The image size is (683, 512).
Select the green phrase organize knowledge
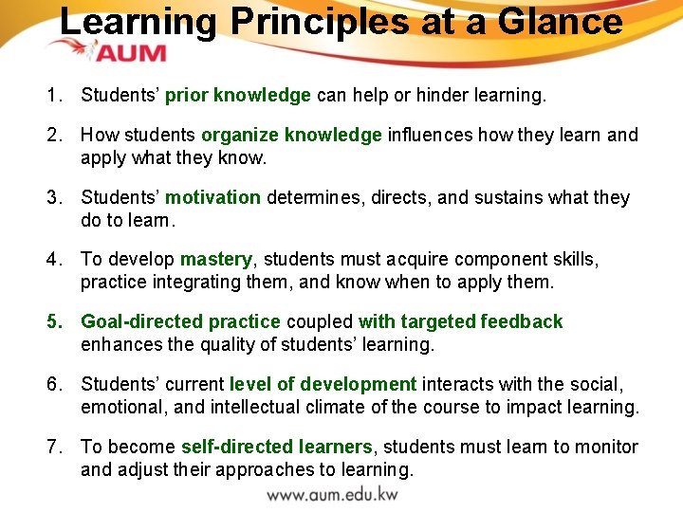point(291,135)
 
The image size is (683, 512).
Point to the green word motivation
point(212,197)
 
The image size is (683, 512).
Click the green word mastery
point(216,259)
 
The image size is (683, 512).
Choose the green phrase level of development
point(323,384)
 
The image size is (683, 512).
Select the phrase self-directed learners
point(277,447)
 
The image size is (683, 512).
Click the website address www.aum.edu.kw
point(332,494)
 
